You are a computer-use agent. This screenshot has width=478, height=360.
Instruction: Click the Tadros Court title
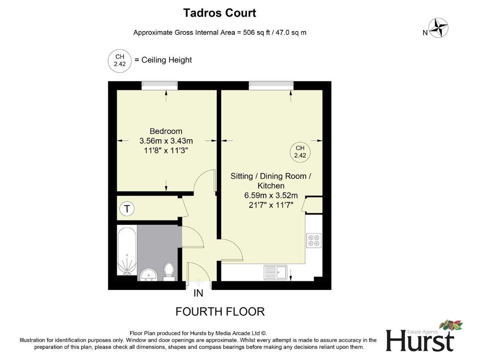tap(220, 13)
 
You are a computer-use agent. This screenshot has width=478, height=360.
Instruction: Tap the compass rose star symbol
tap(439, 28)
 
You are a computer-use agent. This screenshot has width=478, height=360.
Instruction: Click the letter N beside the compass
tap(425, 33)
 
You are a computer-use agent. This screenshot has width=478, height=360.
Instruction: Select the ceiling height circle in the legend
tap(119, 60)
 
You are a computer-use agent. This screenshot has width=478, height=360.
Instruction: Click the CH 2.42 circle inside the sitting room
tap(300, 152)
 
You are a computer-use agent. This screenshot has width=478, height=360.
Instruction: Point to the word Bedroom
tap(166, 131)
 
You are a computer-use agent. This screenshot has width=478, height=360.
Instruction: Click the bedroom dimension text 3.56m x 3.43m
tap(166, 141)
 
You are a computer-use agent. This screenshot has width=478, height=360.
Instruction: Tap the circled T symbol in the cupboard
tap(127, 209)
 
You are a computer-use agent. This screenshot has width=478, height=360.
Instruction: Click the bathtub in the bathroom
tap(127, 250)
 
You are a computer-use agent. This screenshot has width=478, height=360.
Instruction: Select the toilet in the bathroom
tap(169, 272)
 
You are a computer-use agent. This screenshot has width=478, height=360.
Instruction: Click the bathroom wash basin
tap(149, 275)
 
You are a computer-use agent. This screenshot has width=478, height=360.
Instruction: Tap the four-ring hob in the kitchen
tap(314, 240)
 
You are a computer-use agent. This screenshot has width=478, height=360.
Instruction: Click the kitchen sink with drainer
tap(275, 272)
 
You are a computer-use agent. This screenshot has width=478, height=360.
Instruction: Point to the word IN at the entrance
tap(198, 293)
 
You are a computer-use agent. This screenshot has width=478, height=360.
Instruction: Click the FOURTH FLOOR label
tap(220, 311)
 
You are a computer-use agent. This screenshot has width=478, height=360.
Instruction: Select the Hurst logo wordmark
tap(420, 341)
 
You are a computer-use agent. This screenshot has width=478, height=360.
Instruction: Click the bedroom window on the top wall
tap(159, 86)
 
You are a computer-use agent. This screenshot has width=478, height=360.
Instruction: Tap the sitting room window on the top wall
tap(271, 86)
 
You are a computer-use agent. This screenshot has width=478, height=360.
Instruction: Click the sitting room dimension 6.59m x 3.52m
tap(271, 196)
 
